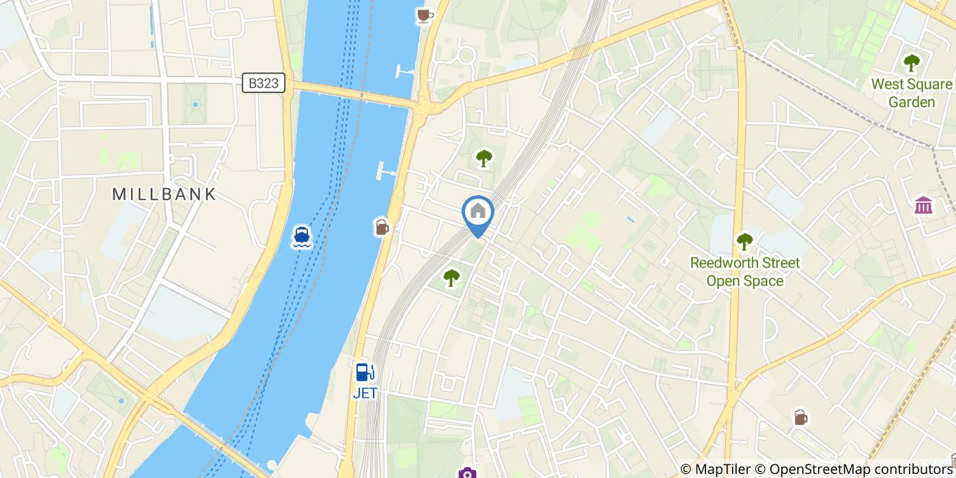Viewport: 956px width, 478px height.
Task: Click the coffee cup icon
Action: [x=425, y=15]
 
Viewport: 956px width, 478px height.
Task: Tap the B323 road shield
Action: [x=263, y=83]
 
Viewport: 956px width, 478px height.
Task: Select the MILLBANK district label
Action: [x=164, y=194]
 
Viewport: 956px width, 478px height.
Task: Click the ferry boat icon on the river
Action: [x=302, y=236]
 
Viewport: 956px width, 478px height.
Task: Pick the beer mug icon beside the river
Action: [x=382, y=227]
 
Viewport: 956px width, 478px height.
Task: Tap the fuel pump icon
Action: [x=365, y=372]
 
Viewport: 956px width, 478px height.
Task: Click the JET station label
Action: [x=365, y=393]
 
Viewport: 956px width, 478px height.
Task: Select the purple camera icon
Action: [x=467, y=473]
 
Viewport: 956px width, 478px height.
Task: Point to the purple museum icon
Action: [x=923, y=204]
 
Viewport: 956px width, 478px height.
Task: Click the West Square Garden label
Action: [x=911, y=93]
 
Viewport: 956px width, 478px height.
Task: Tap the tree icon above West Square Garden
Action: [x=912, y=63]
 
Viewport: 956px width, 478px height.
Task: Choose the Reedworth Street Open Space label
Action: [x=744, y=272]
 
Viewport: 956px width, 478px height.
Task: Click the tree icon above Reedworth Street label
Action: [x=744, y=241]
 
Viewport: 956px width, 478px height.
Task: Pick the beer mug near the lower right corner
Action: [x=800, y=417]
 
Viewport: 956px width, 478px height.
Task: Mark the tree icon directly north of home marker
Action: [x=483, y=158]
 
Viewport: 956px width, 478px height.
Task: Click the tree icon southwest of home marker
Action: [x=451, y=277]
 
